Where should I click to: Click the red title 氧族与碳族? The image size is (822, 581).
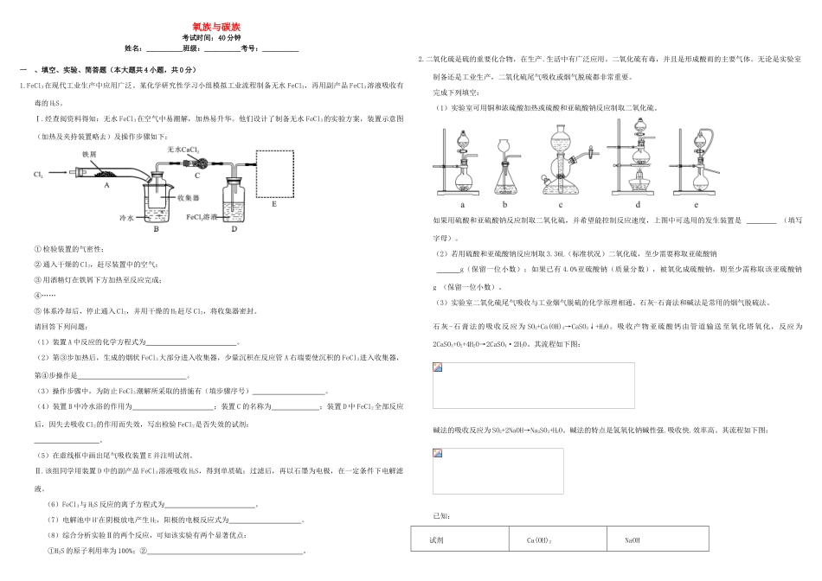click(x=211, y=27)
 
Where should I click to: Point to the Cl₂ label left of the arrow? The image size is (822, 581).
click(x=38, y=175)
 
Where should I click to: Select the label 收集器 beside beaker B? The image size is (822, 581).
click(x=189, y=197)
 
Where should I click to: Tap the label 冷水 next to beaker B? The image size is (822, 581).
click(x=128, y=219)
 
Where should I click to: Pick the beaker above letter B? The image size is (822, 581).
click(x=157, y=200)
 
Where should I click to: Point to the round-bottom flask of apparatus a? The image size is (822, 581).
click(x=464, y=182)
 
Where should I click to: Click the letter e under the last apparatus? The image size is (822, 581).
click(x=697, y=205)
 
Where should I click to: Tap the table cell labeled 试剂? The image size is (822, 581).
click(x=436, y=541)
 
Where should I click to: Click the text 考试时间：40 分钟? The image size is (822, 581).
click(x=211, y=38)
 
